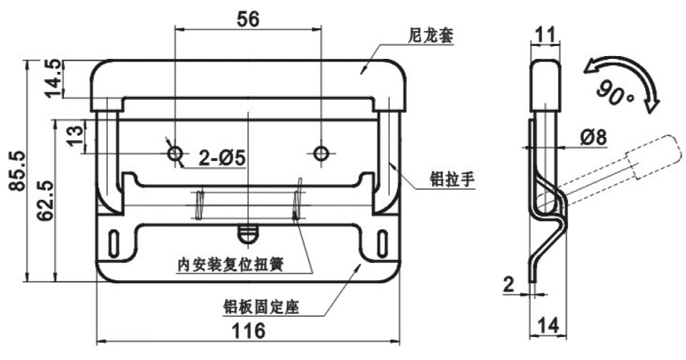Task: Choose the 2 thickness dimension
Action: tap(510, 285)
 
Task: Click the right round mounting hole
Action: tap(321, 152)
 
